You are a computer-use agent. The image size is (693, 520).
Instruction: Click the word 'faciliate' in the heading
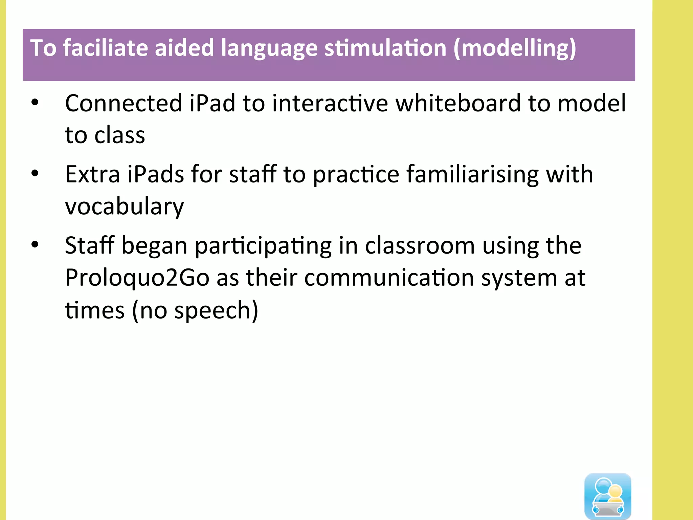(106, 48)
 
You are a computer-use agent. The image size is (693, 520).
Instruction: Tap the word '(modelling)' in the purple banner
(515, 48)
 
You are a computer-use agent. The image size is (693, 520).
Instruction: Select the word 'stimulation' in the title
(385, 48)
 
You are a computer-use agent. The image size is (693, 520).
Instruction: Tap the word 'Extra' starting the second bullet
(92, 174)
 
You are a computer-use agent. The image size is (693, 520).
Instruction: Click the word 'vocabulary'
(124, 207)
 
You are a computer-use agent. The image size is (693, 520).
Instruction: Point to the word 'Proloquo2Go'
(137, 278)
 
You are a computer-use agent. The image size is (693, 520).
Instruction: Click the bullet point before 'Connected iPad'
(35, 102)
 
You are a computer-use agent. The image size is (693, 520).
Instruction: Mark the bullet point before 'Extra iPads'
(35, 173)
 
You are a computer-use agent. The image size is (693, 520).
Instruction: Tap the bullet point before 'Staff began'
(35, 244)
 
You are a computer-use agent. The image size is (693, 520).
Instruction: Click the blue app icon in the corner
(608, 496)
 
